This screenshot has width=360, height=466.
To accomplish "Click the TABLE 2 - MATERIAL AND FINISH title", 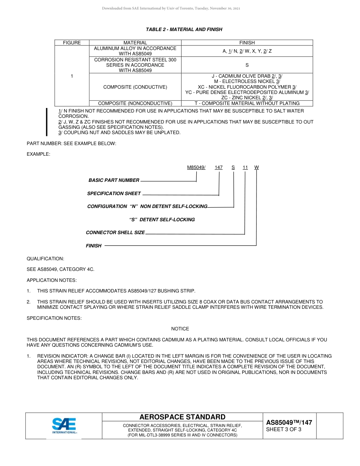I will [184, 29].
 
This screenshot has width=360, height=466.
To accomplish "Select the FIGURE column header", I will [72, 43].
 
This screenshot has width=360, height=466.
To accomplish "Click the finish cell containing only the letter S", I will [247, 65].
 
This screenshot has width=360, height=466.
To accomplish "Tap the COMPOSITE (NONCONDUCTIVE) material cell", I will [135, 103].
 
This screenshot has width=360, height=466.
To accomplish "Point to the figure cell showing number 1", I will [72, 76].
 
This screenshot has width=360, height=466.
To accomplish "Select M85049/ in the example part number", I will [196, 167].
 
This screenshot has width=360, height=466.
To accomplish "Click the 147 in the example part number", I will [219, 167].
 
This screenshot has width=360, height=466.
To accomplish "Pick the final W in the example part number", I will [257, 167].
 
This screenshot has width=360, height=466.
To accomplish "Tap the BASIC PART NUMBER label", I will [114, 180].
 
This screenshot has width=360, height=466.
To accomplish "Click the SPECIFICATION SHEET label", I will [114, 194].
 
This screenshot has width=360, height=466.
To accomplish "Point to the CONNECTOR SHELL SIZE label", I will [115, 233].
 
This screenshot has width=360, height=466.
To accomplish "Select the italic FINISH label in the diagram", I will [94, 246].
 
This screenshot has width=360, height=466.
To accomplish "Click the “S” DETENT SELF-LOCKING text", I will [162, 220].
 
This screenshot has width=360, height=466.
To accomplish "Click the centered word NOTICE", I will [180, 329].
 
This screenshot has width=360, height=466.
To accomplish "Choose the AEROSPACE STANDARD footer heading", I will [182, 417].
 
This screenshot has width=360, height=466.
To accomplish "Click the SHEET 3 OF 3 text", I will [284, 430].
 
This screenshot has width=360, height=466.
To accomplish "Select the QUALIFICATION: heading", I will [45, 259].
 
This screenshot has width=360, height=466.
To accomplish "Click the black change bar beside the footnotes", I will [47, 122].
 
